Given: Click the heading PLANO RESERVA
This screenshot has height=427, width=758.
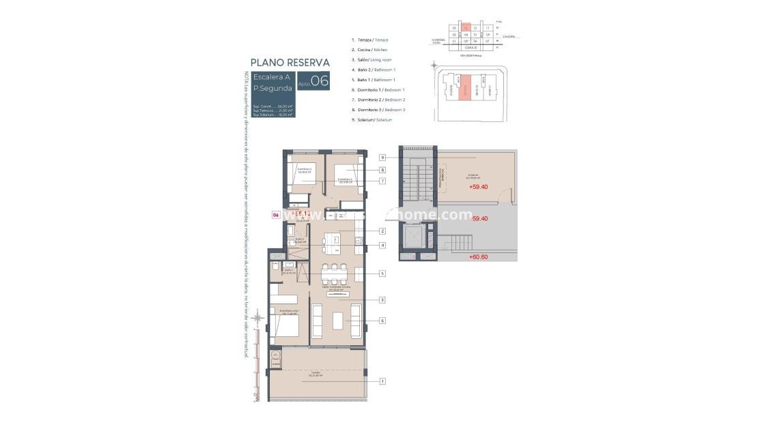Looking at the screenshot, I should [290, 62].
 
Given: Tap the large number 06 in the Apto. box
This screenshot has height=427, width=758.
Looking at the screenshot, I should [320, 80].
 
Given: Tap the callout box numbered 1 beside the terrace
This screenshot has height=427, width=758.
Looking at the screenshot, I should [383, 381].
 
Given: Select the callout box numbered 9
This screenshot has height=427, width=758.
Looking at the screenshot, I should [383, 158].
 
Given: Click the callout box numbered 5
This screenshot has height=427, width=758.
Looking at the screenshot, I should [383, 274].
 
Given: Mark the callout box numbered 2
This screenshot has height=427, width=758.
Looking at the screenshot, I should [383, 231].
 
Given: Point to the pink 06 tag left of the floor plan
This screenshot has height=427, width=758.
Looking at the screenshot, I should [276, 215].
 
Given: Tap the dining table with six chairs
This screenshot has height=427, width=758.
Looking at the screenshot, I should [335, 274].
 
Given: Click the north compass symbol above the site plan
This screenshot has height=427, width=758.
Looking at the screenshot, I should [434, 64].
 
